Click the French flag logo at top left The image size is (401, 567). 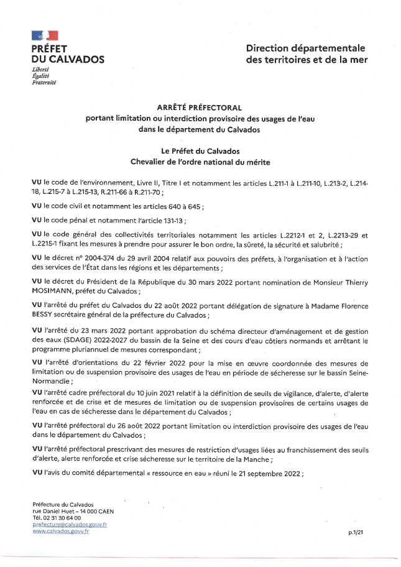tap(45, 36)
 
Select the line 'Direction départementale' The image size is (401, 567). tap(305, 48)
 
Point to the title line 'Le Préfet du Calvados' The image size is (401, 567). tap(200, 151)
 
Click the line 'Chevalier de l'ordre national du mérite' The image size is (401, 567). tap(200, 162)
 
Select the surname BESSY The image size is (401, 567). tap(45, 315)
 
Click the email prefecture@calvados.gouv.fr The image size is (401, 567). tap(70, 524)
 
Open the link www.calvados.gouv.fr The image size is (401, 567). tap(60, 531)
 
